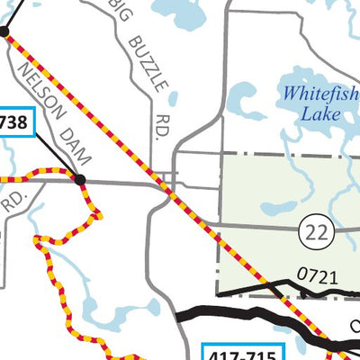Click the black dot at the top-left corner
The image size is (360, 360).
4,31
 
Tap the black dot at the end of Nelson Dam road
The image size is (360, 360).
80,180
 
